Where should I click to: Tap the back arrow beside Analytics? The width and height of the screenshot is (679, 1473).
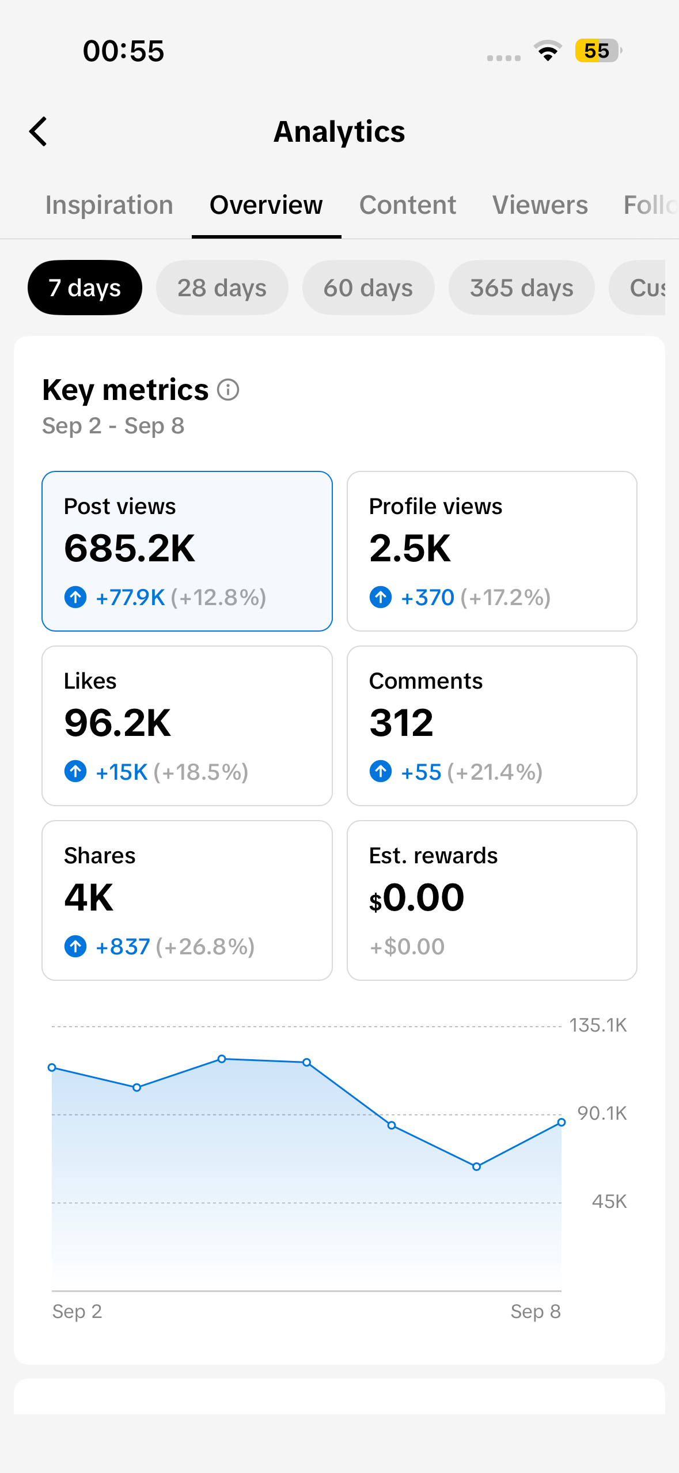(38, 131)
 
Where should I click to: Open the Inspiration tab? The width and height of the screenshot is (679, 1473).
(109, 205)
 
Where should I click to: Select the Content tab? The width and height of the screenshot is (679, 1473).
(408, 205)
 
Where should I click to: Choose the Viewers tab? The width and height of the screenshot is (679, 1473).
(540, 205)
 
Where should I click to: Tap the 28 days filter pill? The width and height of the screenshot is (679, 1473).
(222, 288)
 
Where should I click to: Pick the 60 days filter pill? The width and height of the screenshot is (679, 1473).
(369, 288)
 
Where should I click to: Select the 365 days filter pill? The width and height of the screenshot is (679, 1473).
(522, 288)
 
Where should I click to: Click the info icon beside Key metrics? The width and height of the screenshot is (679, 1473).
(228, 390)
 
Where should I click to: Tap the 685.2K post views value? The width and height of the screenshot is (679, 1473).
(130, 548)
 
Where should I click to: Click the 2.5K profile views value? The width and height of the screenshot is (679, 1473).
(410, 548)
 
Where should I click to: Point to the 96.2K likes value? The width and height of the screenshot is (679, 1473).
(117, 723)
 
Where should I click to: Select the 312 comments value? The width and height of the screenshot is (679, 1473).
(401, 723)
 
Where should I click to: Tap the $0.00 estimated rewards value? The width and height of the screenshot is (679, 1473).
(417, 897)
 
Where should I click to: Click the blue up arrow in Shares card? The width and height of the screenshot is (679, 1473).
(75, 946)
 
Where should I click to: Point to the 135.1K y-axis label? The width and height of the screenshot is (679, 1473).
(598, 1025)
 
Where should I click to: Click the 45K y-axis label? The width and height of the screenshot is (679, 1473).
(609, 1202)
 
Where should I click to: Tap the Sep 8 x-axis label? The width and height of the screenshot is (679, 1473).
(536, 1312)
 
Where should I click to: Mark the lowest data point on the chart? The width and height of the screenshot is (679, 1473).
(476, 1167)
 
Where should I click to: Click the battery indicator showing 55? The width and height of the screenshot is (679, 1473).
(598, 51)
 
